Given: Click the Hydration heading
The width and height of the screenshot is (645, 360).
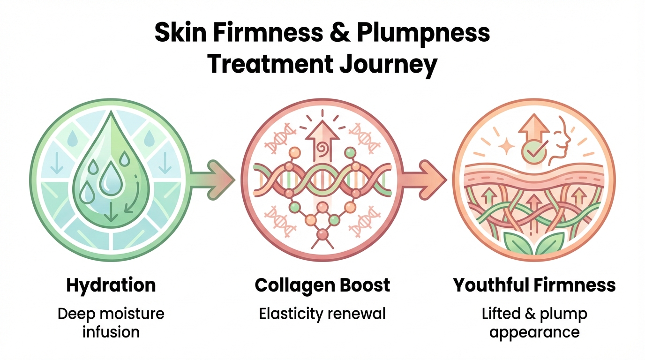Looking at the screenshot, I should [111, 285].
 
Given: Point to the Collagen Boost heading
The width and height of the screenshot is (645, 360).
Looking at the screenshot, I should [322, 285].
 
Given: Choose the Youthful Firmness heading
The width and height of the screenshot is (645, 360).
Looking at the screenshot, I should [534, 285].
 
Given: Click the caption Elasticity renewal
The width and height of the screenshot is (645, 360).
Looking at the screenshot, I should [322, 313].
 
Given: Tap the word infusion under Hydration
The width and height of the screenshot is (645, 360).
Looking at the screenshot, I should [111, 332].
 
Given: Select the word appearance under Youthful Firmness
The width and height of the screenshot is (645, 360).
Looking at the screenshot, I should [534, 332].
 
